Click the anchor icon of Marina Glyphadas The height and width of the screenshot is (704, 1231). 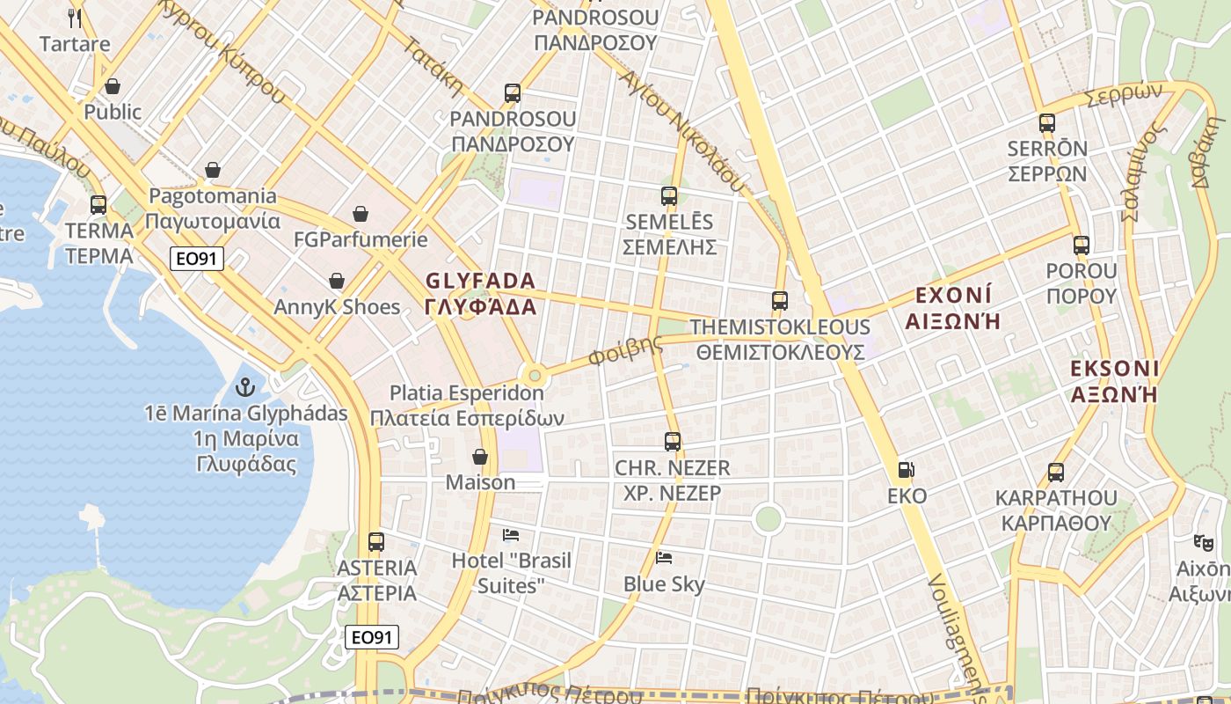[x=245, y=387]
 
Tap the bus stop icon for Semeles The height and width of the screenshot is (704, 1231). [x=669, y=196]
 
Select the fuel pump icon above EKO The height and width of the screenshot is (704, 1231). [x=907, y=471]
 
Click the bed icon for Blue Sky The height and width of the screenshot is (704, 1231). [x=665, y=558]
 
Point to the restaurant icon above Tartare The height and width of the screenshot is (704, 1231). [x=75, y=18]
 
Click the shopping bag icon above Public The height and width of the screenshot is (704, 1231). [x=113, y=86]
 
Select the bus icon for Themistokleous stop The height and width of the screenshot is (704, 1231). [x=780, y=301]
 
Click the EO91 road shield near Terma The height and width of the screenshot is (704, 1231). [x=197, y=259]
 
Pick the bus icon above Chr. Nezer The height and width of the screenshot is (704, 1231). [x=673, y=442]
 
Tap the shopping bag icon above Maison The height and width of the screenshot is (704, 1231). [x=480, y=457]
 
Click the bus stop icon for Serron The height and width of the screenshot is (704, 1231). [x=1046, y=123]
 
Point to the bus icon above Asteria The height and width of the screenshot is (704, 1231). [x=376, y=542]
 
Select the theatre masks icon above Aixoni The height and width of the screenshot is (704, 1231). [x=1204, y=543]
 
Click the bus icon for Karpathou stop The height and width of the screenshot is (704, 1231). [x=1056, y=473]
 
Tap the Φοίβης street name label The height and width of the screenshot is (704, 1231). [x=626, y=350]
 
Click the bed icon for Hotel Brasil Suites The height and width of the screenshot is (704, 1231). [x=511, y=534]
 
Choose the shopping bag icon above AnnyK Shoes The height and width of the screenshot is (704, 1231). [x=337, y=282]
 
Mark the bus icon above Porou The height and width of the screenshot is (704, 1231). [x=1081, y=246]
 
